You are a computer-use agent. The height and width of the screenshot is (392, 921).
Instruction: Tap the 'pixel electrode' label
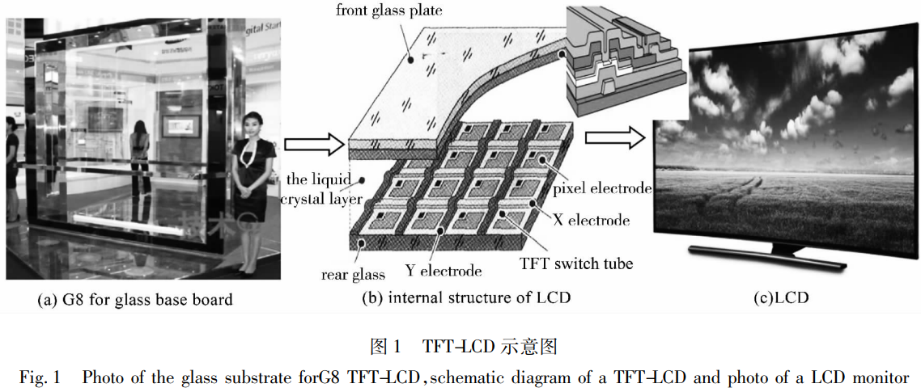point(601,189)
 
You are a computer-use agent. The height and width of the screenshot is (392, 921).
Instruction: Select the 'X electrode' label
point(592,220)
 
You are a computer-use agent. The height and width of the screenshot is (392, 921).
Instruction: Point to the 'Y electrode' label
point(443,271)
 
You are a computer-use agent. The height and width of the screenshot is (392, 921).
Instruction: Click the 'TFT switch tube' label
point(576,263)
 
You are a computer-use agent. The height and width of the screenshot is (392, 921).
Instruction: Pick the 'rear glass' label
point(353,275)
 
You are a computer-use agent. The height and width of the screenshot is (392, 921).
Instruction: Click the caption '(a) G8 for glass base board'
point(135,300)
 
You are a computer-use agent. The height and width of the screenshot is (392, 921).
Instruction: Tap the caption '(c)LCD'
point(781,297)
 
